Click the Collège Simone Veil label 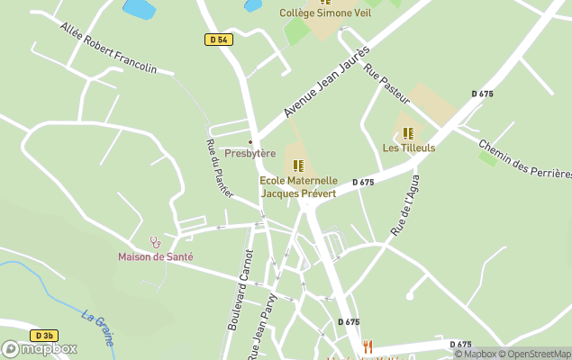[x=325, y=13]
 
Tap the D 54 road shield [x=218, y=40]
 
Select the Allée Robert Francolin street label [x=108, y=49]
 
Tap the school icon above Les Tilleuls [x=408, y=133]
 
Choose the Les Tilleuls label [x=409, y=148]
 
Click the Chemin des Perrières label [x=525, y=158]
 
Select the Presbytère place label [x=250, y=153]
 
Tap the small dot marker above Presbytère [x=250, y=142]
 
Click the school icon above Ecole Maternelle [x=298, y=166]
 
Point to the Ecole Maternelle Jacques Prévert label [x=299, y=186]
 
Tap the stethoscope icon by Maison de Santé [x=156, y=242]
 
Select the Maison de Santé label [x=156, y=256]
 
